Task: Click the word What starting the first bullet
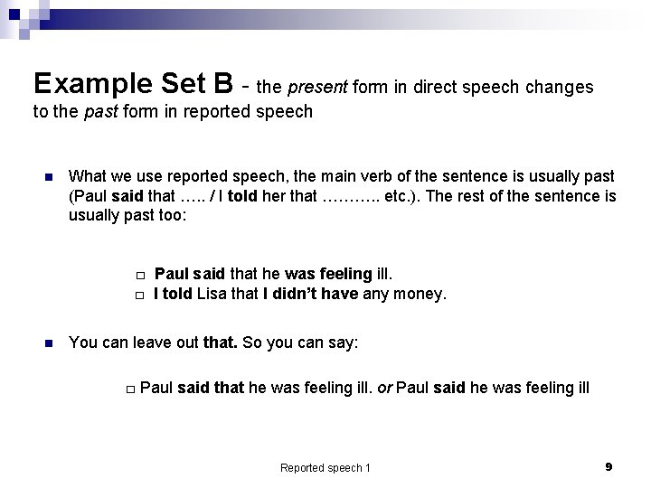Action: point(87,175)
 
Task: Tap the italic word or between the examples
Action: point(383,389)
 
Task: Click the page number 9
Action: point(609,466)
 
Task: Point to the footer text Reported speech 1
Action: point(325,467)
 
